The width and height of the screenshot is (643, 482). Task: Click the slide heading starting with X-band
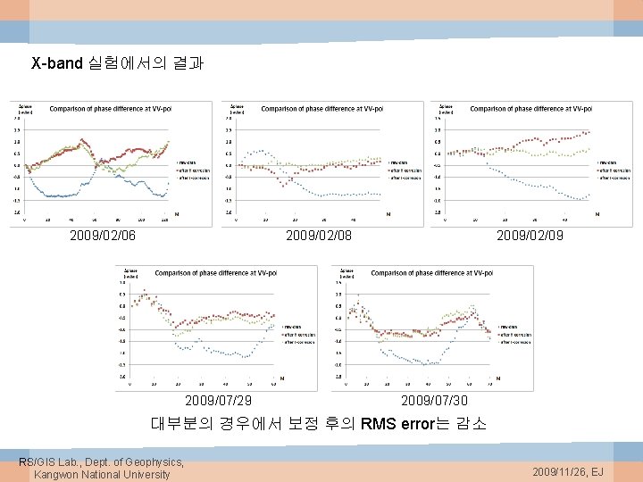coord(118,64)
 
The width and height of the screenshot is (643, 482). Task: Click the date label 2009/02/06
coord(103,237)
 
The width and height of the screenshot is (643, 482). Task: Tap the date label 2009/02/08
coord(318,237)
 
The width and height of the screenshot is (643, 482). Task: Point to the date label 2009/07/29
coord(218,401)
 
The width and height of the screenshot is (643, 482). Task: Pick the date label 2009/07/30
coord(434,401)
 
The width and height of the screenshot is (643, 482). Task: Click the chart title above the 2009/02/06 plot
coord(110,109)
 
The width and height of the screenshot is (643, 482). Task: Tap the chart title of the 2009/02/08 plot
coord(321,109)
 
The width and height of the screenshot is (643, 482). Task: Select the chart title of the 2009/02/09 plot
coord(531,109)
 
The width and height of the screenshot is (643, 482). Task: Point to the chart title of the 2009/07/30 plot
coord(431,272)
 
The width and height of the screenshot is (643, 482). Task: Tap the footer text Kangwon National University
coord(101,474)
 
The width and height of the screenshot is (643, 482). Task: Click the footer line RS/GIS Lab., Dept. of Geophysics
coord(101,461)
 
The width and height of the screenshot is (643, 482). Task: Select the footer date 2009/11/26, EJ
coord(568,470)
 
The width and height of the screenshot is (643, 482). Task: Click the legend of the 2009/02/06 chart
coord(193,170)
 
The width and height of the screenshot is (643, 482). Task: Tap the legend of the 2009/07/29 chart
coord(299,334)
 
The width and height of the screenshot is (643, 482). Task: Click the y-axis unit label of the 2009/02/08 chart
coord(237,109)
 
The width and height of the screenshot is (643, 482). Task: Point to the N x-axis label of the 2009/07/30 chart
coord(497,378)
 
